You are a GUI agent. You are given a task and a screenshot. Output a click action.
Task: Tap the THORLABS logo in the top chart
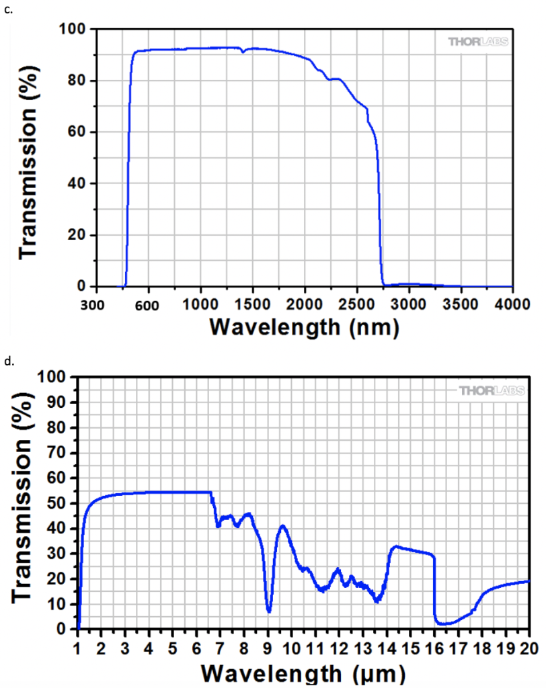[x=479, y=42]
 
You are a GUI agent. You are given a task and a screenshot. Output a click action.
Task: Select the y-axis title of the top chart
[x=28, y=158]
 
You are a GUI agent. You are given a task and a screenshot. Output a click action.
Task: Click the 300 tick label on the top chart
[x=98, y=304]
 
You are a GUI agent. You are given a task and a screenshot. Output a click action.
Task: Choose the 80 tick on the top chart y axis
[x=79, y=81]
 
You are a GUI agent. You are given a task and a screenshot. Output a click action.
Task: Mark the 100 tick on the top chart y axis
[x=75, y=29]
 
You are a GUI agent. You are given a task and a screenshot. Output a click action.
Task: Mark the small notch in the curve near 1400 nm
[x=243, y=51]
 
